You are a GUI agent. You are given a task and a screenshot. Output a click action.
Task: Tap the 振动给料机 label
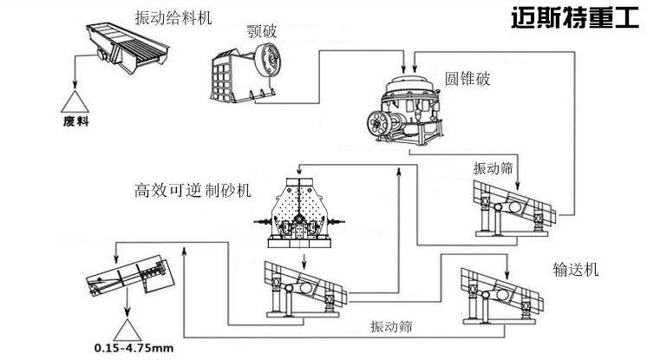coord(173,17)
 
